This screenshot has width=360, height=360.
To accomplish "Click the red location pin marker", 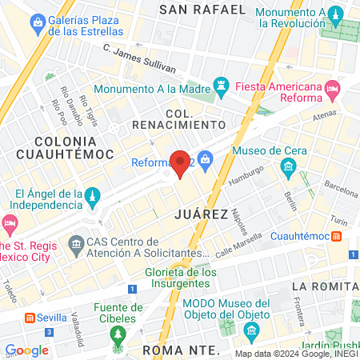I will [x=181, y=163].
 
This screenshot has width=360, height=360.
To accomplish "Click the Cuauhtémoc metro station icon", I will [x=338, y=237].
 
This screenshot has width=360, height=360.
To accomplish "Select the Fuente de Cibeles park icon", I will [x=118, y=331].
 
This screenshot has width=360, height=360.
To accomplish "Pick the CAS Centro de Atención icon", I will [x=76, y=242].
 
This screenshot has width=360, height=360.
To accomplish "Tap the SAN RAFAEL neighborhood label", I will [x=202, y=10].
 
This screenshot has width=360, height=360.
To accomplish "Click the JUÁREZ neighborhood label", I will [x=197, y=214].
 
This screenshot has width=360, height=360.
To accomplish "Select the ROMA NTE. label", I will [x=181, y=350].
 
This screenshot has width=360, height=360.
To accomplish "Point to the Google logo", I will [x=26, y=350].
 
